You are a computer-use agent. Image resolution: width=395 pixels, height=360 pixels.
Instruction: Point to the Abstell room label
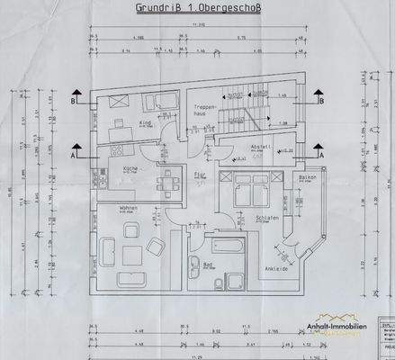pyautogui.click(x=260, y=149)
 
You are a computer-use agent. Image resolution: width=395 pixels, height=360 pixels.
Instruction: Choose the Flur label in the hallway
pyautogui.click(x=204, y=171)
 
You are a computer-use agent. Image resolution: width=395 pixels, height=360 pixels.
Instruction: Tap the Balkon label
pyautogui.click(x=308, y=179)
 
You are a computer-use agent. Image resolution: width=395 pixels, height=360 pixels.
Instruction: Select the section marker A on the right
pyautogui.click(x=319, y=155)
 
